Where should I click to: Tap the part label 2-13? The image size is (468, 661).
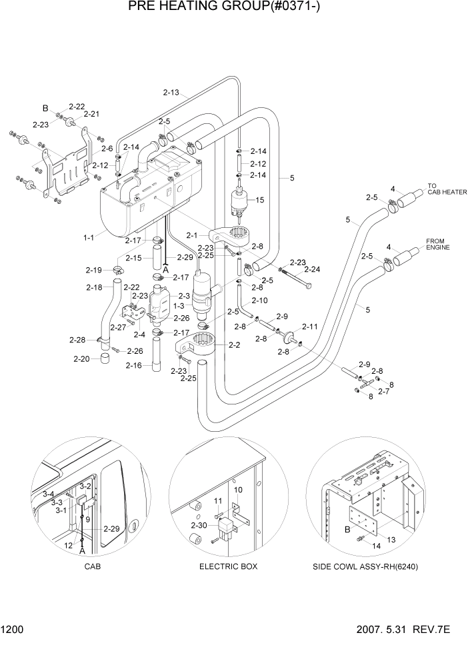point(171,92)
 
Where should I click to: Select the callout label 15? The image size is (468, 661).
point(260,199)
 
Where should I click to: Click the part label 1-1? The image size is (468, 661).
point(89,237)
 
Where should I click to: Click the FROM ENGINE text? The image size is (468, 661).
point(437,244)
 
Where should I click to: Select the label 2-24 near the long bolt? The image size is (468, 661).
point(312,270)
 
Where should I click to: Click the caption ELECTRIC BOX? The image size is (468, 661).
point(228,566)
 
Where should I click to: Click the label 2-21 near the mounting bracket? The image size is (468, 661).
point(91,115)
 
